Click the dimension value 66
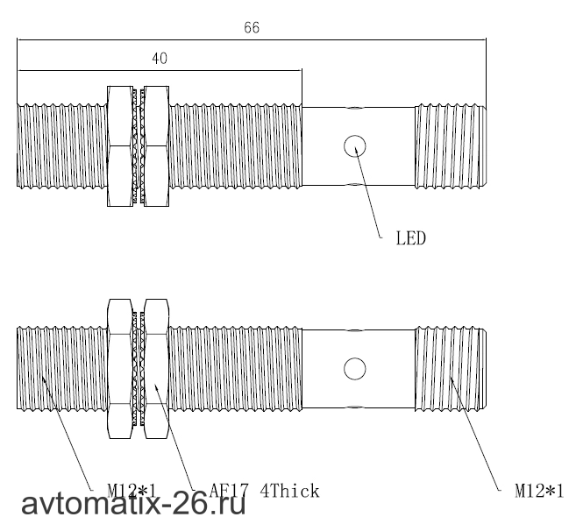pyautogui.click(x=252, y=27)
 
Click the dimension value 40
pyautogui.click(x=160, y=59)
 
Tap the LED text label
pyautogui.click(x=411, y=238)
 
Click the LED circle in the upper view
pyautogui.click(x=355, y=145)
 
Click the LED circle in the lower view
pyautogui.click(x=355, y=369)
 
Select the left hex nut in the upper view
pyautogui.click(x=120, y=146)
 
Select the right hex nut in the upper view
pyautogui.click(x=156, y=146)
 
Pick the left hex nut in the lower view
pyautogui.click(x=120, y=369)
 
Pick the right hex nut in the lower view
pyautogui.click(x=156, y=369)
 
